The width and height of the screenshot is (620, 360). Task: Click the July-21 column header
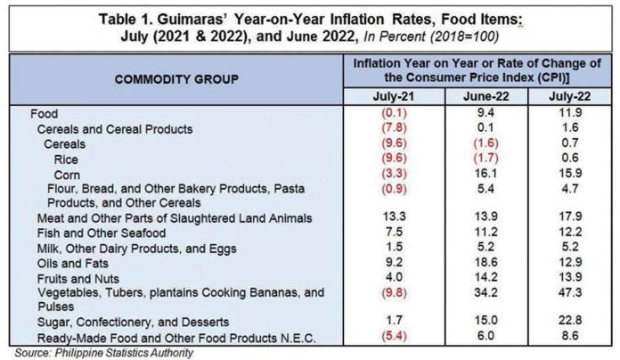pos(394,96)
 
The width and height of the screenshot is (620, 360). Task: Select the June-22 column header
pos(486,96)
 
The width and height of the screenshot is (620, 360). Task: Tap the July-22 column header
pos(570,96)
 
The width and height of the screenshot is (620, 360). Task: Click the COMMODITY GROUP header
pos(176,79)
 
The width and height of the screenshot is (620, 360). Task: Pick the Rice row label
pos(66,160)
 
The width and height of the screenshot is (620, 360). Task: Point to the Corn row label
pos(67,175)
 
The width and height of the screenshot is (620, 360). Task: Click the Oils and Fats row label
pos(73,264)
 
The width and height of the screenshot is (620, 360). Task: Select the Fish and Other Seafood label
pos(102,233)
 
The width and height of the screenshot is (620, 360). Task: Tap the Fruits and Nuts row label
pos(78,279)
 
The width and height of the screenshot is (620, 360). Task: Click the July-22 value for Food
pos(570,113)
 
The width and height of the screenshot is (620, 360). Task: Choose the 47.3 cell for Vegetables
pos(570,292)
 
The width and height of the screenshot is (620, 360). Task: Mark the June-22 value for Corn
pos(485,173)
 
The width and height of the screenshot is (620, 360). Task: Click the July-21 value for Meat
pos(395,217)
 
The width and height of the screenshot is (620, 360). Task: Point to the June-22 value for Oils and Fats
pos(485,262)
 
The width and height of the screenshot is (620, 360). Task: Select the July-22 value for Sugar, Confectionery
pos(570,320)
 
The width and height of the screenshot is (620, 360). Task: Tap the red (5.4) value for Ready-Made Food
pos(395,335)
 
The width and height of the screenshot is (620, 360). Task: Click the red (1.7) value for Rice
pos(485,158)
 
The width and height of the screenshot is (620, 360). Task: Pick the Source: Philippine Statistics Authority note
pos(104,353)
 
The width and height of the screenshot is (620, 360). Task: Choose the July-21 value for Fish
pos(395,232)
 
